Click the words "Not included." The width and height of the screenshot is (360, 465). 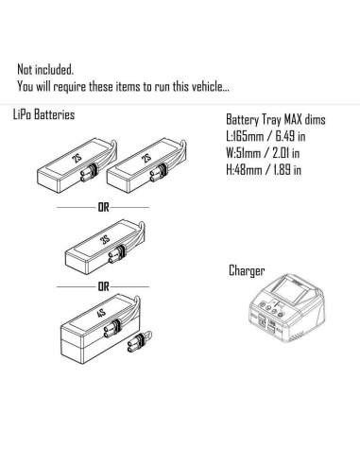pyautogui.click(x=45, y=70)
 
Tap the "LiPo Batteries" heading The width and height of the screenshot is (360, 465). pyautogui.click(x=43, y=114)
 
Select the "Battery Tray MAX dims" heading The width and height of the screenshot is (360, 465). pyautogui.click(x=276, y=120)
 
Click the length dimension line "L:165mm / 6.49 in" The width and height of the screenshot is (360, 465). pyautogui.click(x=266, y=136)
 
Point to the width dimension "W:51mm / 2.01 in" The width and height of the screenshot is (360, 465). pyautogui.click(x=263, y=153)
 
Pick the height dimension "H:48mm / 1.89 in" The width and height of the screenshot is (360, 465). pyautogui.click(x=264, y=170)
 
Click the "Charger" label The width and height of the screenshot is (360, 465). pyautogui.click(x=247, y=270)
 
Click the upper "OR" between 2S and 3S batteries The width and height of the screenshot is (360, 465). pyautogui.click(x=103, y=208)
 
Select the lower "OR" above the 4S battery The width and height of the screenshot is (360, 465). pyautogui.click(x=103, y=287)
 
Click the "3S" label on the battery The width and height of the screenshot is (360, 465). pyautogui.click(x=105, y=240)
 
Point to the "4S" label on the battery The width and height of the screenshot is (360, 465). pyautogui.click(x=101, y=314)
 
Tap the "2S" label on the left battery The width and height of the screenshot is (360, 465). pyautogui.click(x=77, y=157)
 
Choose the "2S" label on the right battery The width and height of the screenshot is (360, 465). pyautogui.click(x=146, y=157)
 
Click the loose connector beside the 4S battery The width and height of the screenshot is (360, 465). pyautogui.click(x=139, y=341)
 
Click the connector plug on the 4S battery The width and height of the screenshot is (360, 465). pyautogui.click(x=111, y=329)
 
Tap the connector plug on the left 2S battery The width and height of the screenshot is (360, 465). pyautogui.click(x=89, y=173)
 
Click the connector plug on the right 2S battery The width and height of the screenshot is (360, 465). pyautogui.click(x=158, y=173)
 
